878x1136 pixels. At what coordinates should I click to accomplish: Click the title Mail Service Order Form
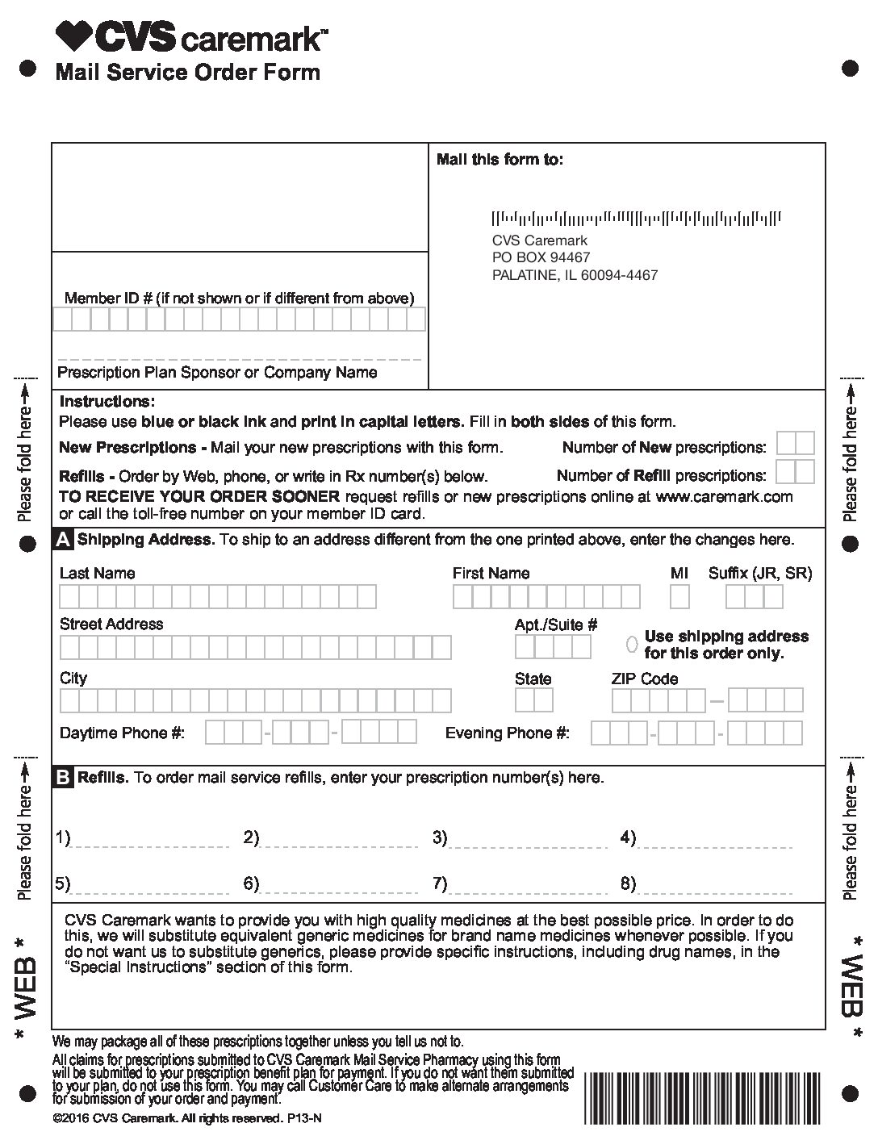187,73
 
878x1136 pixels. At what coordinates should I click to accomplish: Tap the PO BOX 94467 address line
541,257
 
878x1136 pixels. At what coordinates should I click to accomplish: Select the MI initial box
679,597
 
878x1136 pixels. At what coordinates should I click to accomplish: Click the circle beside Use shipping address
632,644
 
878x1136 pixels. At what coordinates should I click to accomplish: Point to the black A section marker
63,540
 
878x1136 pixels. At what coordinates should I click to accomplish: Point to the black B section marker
63,778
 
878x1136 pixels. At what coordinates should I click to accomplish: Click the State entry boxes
533,700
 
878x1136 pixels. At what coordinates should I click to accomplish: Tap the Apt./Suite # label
556,624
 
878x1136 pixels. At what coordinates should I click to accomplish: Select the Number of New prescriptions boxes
795,444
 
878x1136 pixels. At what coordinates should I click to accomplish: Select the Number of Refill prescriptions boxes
795,472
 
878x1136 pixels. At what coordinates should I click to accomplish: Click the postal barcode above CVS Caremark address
637,217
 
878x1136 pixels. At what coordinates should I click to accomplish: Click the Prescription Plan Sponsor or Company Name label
217,373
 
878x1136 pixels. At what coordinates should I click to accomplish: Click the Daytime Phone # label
122,733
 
